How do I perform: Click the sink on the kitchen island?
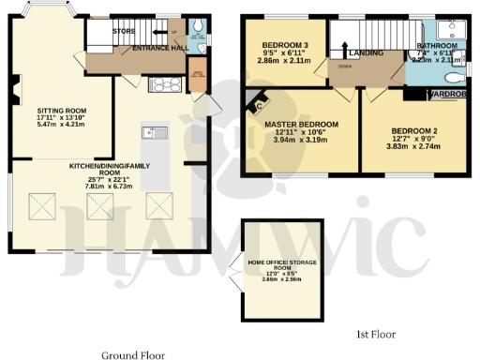150,132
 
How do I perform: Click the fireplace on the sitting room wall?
16,92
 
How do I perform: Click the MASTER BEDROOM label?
300,125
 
